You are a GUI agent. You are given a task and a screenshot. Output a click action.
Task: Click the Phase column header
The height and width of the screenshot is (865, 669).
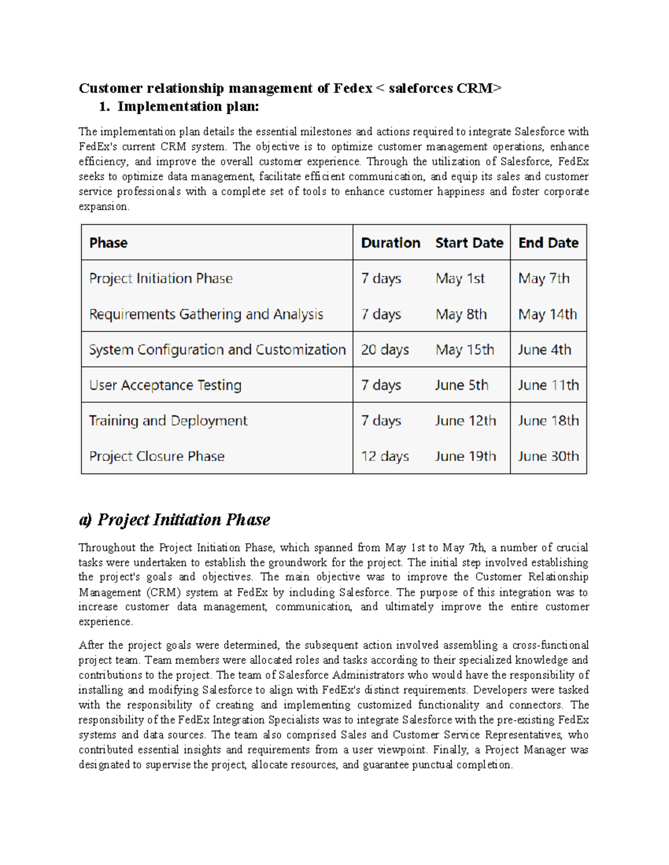pyautogui.click(x=108, y=243)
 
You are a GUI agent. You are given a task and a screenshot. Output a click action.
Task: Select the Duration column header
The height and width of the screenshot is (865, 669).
pyautogui.click(x=390, y=243)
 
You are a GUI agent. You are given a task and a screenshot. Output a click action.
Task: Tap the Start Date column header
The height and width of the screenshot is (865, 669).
pyautogui.click(x=469, y=243)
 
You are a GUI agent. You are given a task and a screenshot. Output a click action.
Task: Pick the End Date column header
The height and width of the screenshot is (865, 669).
pyautogui.click(x=548, y=243)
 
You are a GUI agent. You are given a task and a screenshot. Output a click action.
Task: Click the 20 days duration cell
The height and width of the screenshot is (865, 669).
pyautogui.click(x=385, y=350)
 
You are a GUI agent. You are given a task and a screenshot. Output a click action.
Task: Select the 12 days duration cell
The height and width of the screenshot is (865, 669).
pyautogui.click(x=385, y=456)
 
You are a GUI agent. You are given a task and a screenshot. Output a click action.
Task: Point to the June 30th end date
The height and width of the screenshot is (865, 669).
pyautogui.click(x=548, y=456)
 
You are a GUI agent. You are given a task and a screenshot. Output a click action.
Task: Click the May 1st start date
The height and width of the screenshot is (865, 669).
pyautogui.click(x=460, y=278)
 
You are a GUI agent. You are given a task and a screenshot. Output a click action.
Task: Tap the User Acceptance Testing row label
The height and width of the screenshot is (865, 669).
pyautogui.click(x=165, y=385)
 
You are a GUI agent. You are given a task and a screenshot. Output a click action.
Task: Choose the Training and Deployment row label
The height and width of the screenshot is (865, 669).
pyautogui.click(x=168, y=421)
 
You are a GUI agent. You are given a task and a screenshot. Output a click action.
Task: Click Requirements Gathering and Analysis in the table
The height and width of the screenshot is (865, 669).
pyautogui.click(x=206, y=314)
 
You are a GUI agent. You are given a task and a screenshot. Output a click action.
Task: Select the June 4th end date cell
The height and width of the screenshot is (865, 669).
pyautogui.click(x=544, y=350)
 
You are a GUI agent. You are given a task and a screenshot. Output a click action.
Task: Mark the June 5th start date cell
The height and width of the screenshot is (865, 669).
pyautogui.click(x=461, y=385)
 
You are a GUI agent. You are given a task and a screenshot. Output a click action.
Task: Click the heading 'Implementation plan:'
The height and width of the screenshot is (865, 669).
pyautogui.click(x=188, y=106)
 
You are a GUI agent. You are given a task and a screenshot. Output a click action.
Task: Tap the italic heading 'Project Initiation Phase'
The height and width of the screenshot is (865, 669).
pyautogui.click(x=183, y=520)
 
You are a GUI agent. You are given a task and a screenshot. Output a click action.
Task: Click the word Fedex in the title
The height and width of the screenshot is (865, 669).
pyautogui.click(x=352, y=89)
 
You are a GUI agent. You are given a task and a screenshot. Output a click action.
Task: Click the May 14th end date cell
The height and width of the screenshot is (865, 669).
pyautogui.click(x=547, y=314)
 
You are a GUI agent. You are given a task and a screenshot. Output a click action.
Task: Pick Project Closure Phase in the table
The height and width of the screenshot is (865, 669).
pyautogui.click(x=157, y=456)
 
